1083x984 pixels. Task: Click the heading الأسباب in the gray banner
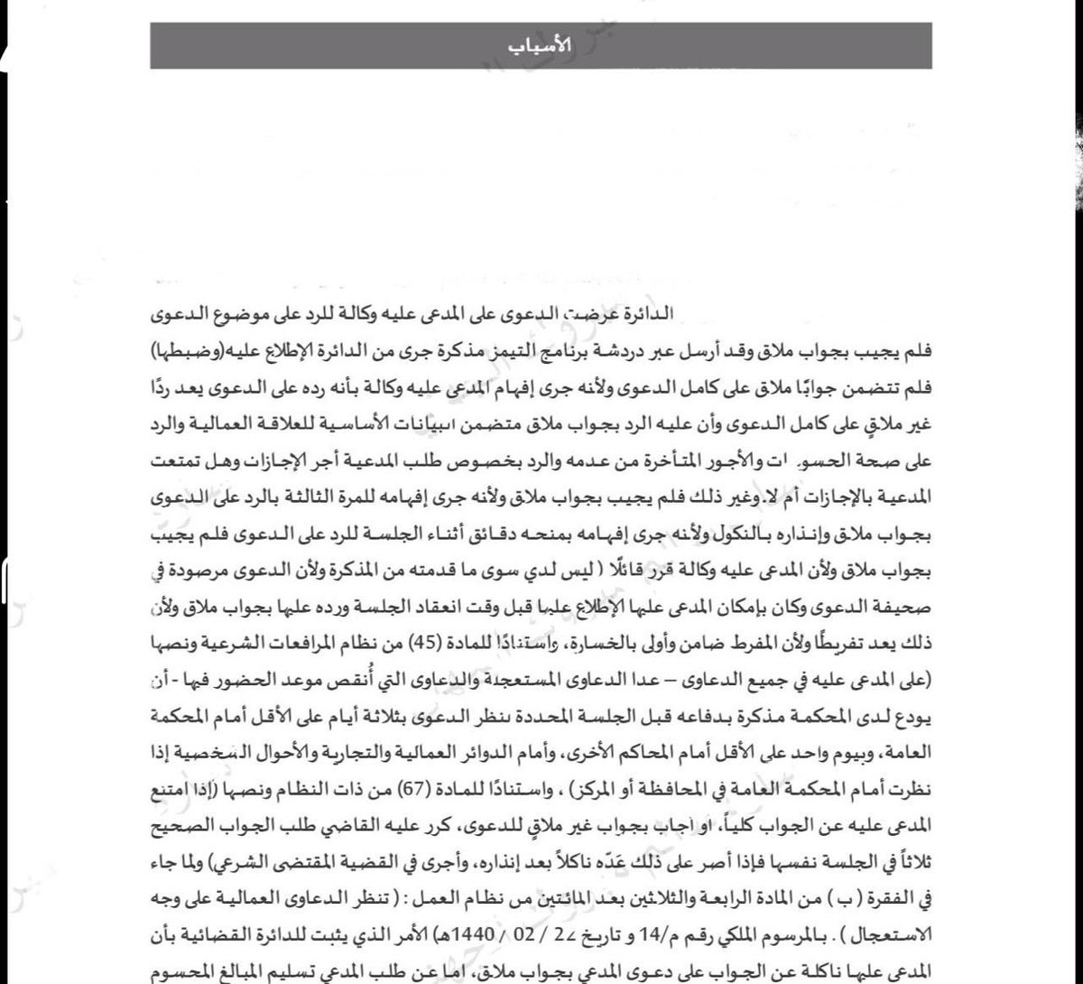pos(541,46)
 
